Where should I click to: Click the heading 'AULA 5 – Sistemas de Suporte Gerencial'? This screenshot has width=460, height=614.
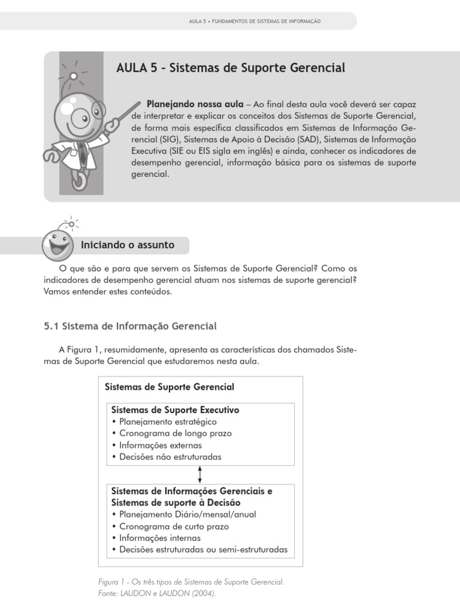click(231, 68)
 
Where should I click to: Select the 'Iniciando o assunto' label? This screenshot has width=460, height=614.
click(128, 245)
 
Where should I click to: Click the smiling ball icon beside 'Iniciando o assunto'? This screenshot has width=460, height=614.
click(58, 243)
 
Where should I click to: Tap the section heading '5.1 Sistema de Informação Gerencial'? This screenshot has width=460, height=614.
click(130, 326)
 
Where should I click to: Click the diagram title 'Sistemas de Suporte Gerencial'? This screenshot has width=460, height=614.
click(170, 387)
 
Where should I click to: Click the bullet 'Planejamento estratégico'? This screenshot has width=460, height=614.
click(164, 422)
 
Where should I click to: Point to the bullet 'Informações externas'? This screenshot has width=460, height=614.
click(161, 446)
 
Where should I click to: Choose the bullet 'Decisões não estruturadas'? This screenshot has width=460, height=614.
click(170, 457)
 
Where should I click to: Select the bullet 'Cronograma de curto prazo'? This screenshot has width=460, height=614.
click(174, 526)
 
